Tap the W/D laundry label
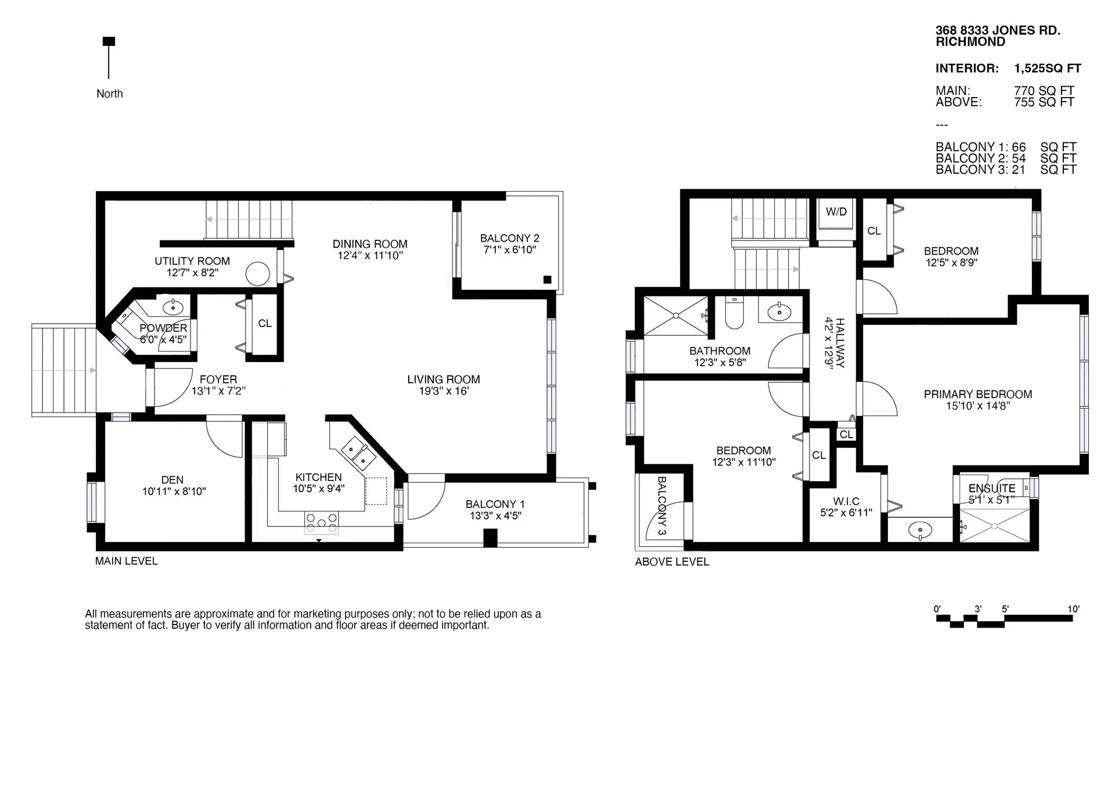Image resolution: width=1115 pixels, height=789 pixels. pos(836,212)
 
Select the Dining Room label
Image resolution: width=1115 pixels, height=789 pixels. pos(370,244)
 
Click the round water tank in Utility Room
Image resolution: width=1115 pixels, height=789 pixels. pos(257,274)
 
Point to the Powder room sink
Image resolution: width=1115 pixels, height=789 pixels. pos(173,307)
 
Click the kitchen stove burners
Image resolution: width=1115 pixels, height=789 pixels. pos(321,522)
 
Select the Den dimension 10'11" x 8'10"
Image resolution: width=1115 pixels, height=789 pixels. pos(174,492)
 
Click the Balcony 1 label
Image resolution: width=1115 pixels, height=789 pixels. pos(495,504)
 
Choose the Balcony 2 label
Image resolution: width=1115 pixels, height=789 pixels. pos(509,238)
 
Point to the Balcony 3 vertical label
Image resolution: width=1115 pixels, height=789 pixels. pos(661,505)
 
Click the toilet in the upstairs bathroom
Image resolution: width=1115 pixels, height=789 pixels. pos(735,314)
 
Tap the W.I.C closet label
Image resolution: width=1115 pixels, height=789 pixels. pos(846,501)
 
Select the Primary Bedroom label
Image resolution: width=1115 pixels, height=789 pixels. pos(978,395)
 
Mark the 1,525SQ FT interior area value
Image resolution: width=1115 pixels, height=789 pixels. pos(1047,69)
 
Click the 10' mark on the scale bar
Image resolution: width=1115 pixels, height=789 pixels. pos(1073,609)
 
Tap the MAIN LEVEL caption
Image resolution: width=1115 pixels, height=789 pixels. pos(126,561)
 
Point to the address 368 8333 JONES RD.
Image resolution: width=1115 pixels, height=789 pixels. pos(998,31)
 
